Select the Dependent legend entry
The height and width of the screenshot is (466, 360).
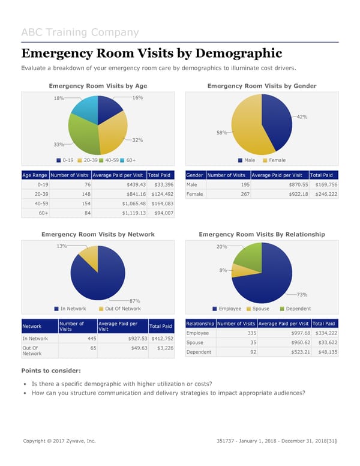(295, 309)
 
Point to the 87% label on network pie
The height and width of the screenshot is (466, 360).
(135, 301)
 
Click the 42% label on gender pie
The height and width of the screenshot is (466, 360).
(302, 116)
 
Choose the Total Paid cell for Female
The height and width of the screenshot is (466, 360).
(326, 194)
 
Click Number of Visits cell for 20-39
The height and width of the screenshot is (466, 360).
(70, 194)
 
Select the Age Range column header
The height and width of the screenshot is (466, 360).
(35, 175)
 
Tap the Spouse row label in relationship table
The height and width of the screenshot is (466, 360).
(195, 343)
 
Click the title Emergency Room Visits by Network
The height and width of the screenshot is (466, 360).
(98, 234)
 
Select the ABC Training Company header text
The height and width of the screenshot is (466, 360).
(80, 32)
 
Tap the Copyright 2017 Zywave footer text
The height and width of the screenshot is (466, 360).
(59, 441)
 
